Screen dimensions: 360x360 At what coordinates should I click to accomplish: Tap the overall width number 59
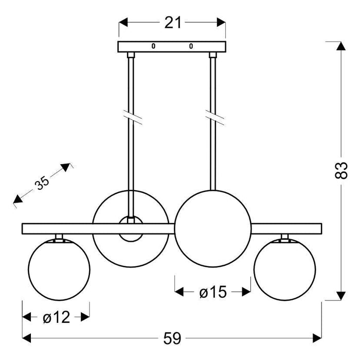coord(173,338)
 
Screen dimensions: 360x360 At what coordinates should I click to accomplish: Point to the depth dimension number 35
coord(42,184)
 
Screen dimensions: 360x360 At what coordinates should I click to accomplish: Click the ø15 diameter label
coord(212,293)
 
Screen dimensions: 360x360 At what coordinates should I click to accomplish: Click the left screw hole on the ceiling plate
coord(153,46)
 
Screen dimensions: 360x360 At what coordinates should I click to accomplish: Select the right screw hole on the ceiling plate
coord(191,46)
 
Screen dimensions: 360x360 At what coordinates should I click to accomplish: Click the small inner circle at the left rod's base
coord(132,229)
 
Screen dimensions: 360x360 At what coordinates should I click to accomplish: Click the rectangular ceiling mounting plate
coord(172,46)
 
